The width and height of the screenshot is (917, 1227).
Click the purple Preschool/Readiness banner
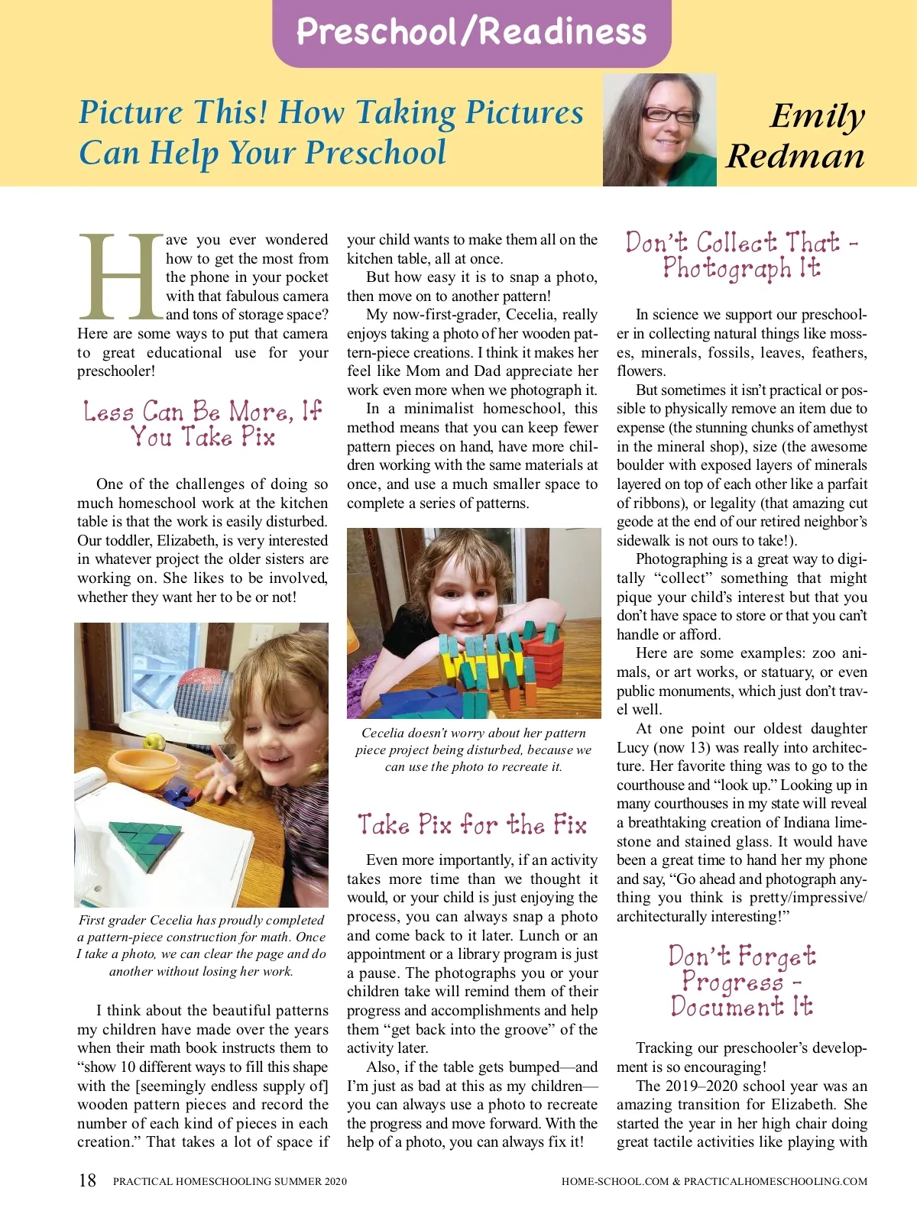click(471, 32)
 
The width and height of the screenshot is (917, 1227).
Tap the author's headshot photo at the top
click(659, 130)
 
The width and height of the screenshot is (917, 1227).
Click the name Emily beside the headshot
click(817, 116)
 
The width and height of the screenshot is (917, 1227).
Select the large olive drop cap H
click(121, 277)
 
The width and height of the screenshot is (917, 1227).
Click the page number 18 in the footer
click(87, 1180)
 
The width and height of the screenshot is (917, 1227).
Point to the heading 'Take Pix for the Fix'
click(472, 824)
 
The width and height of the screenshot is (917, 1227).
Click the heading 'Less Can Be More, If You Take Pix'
click(203, 424)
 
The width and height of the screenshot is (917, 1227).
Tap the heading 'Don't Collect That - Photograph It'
click(742, 255)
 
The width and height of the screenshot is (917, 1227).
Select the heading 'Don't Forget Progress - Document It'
click(742, 980)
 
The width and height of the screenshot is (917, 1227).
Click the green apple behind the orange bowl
click(155, 741)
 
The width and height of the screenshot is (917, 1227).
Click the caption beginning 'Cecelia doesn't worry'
click(473, 749)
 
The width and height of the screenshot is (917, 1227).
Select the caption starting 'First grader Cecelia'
click(202, 945)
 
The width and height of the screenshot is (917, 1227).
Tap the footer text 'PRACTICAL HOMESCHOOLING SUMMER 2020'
click(230, 1181)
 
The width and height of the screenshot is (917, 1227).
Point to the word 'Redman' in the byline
click(795, 156)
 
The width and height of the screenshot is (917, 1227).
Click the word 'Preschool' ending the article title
click(375, 152)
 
